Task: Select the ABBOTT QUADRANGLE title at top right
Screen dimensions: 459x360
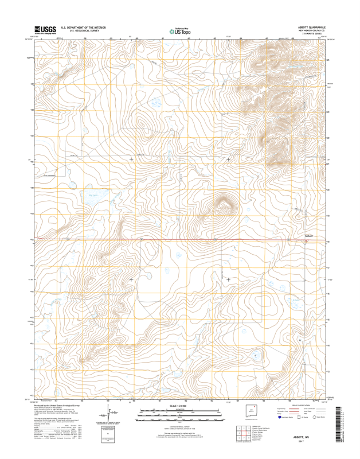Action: click(x=311, y=26)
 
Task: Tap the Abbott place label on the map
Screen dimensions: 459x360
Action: click(x=308, y=236)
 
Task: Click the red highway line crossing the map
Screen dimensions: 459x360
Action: click(x=172, y=239)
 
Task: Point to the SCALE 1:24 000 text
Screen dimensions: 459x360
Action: click(x=179, y=405)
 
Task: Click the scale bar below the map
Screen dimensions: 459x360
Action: click(x=179, y=411)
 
